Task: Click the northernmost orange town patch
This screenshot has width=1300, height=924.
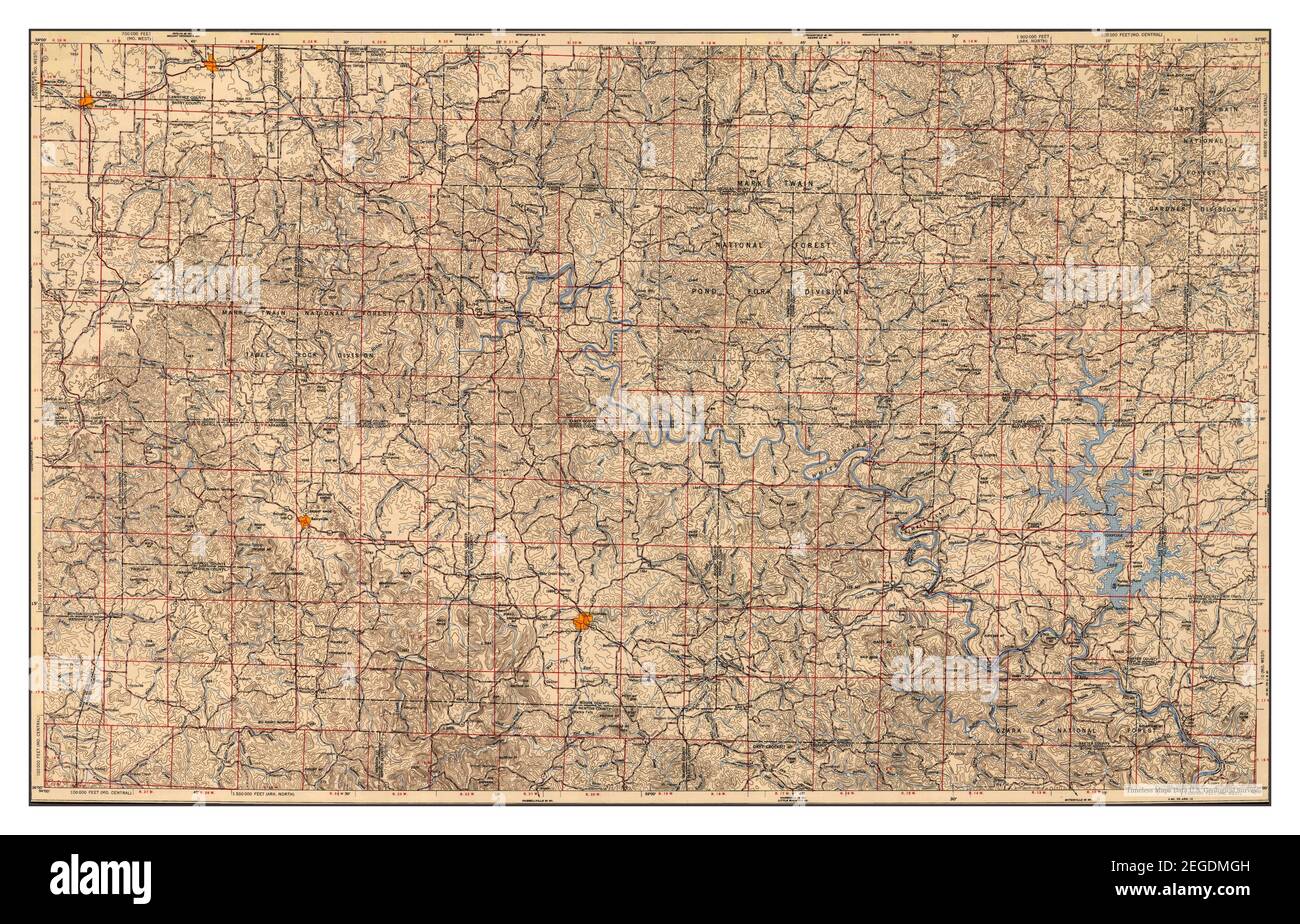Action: click(x=210, y=66)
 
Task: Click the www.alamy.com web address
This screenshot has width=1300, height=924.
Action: click(x=1200, y=894)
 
